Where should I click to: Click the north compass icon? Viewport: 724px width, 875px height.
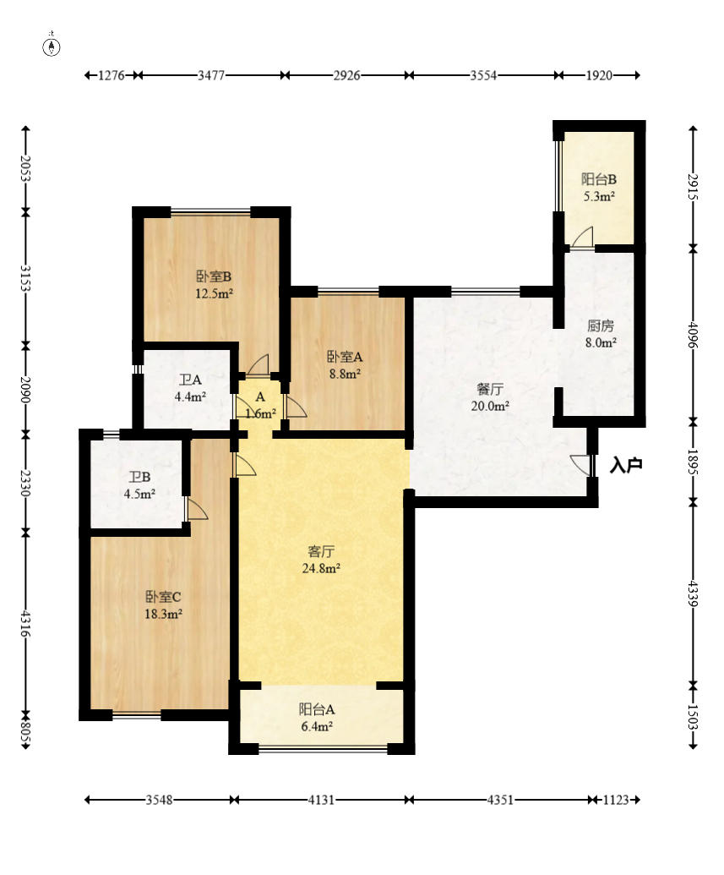52,46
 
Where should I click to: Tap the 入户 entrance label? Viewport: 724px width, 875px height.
626,465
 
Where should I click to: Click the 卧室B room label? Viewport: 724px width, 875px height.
214,276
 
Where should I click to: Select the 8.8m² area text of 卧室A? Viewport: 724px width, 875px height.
345,374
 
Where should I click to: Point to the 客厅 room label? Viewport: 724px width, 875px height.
321,551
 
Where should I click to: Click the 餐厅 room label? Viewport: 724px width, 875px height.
490,389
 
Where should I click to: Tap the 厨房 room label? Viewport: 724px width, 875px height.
601,325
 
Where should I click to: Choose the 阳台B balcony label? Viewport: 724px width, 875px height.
599,179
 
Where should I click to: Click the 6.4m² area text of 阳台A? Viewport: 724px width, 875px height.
317,726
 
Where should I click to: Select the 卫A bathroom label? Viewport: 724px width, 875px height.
190,380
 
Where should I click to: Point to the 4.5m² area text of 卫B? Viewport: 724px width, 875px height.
139,494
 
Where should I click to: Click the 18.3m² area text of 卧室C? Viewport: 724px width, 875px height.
163,615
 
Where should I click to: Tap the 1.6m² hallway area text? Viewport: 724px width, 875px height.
260,414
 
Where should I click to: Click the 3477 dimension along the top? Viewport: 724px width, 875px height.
211,75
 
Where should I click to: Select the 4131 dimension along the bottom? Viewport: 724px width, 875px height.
321,801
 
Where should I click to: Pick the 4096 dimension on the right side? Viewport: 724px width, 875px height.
692,334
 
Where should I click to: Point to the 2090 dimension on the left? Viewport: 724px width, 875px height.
25,390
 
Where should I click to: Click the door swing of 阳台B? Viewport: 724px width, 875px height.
582,237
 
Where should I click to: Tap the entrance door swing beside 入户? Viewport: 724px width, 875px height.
580,466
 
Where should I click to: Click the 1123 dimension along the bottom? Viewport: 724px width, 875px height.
616,801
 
